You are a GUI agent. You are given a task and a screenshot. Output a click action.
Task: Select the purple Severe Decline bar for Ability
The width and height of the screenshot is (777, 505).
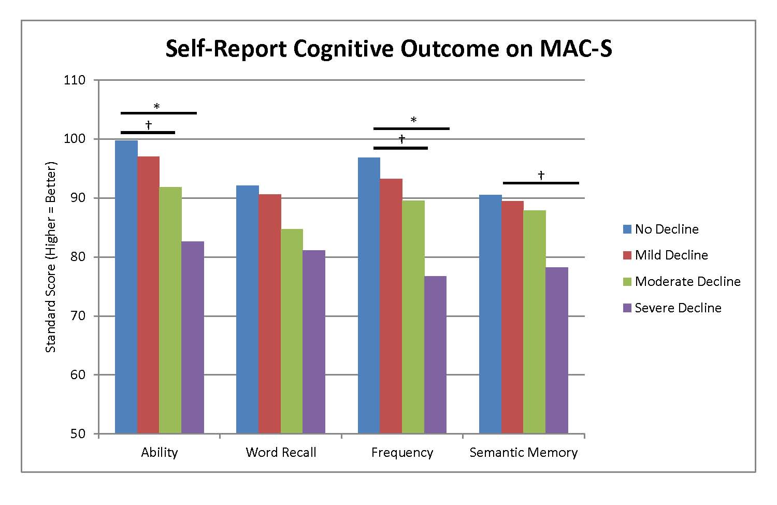193,337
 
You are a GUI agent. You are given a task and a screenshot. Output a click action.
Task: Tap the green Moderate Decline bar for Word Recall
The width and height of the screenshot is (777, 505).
292,331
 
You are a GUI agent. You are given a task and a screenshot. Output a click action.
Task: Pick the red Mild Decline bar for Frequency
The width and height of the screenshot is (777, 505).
391,306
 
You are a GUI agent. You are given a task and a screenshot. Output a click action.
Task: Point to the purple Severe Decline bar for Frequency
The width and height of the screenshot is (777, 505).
435,355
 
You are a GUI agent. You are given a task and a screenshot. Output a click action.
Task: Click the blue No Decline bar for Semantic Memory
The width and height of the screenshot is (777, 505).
491,314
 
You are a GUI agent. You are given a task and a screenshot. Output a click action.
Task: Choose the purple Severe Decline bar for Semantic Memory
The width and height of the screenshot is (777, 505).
557,350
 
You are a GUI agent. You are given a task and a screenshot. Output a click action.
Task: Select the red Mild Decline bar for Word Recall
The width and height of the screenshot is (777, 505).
270,314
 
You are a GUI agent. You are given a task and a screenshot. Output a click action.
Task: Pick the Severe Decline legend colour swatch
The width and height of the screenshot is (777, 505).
627,308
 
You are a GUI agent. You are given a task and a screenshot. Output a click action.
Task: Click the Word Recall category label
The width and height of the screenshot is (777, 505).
281,452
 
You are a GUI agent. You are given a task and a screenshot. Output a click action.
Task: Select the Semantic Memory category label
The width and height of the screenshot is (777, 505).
523,452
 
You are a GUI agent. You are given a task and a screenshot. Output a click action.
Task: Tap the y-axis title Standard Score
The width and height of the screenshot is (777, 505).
51,257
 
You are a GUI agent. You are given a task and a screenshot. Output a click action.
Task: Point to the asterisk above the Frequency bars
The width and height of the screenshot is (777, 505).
413,120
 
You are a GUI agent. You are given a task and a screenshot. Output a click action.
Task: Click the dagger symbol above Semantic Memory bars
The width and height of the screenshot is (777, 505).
541,176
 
